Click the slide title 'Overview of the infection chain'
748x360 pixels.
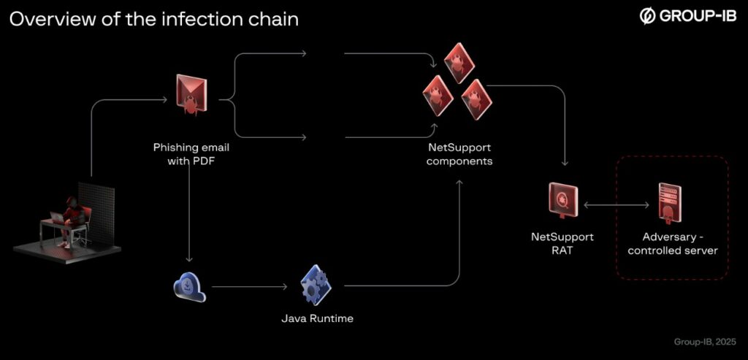pyautogui.click(x=153, y=19)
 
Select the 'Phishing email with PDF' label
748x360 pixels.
pyautogui.click(x=186, y=154)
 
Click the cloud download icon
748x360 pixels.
pyautogui.click(x=189, y=286)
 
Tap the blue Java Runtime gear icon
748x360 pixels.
pyautogui.click(x=316, y=286)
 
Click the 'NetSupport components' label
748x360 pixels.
pyautogui.click(x=459, y=154)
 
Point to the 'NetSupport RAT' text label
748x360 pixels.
pyautogui.click(x=562, y=243)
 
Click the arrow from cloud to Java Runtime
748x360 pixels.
pyautogui.click(x=248, y=287)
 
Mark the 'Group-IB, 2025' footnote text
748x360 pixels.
pyautogui.click(x=704, y=342)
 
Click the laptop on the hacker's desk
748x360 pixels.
pyautogui.click(x=58, y=217)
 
